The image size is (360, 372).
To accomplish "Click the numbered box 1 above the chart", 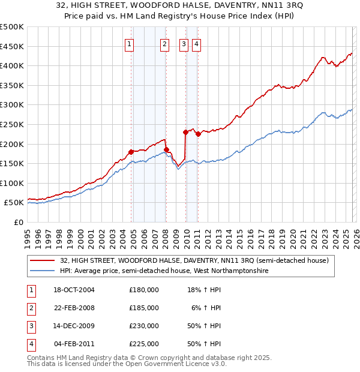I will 130,43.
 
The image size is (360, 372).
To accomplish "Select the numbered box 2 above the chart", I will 164,43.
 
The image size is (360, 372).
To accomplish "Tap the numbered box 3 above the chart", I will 184,43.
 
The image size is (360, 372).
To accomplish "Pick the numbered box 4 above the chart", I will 197,43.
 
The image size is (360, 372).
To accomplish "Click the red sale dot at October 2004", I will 131,152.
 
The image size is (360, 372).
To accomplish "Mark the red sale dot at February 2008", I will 166,149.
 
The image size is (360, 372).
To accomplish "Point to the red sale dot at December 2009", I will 185,132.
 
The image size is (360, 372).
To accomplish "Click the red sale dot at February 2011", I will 197,134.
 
